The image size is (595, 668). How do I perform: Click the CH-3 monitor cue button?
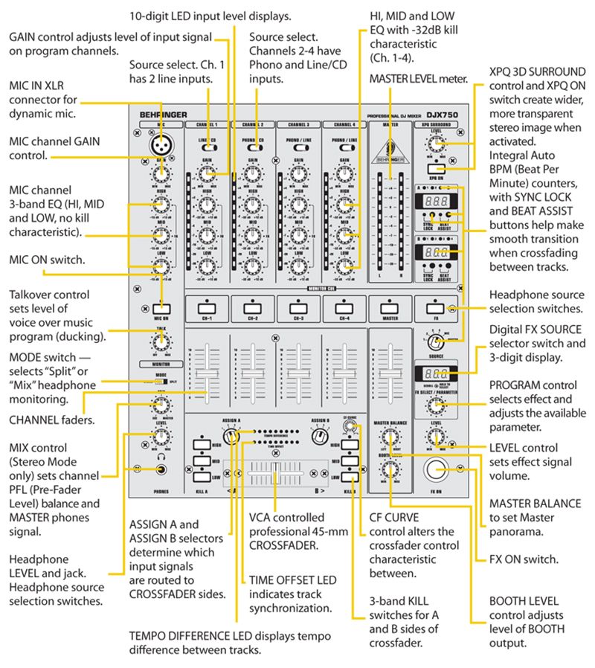297,306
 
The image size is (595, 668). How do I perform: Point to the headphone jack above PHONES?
158,469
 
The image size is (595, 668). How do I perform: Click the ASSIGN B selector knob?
321,437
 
